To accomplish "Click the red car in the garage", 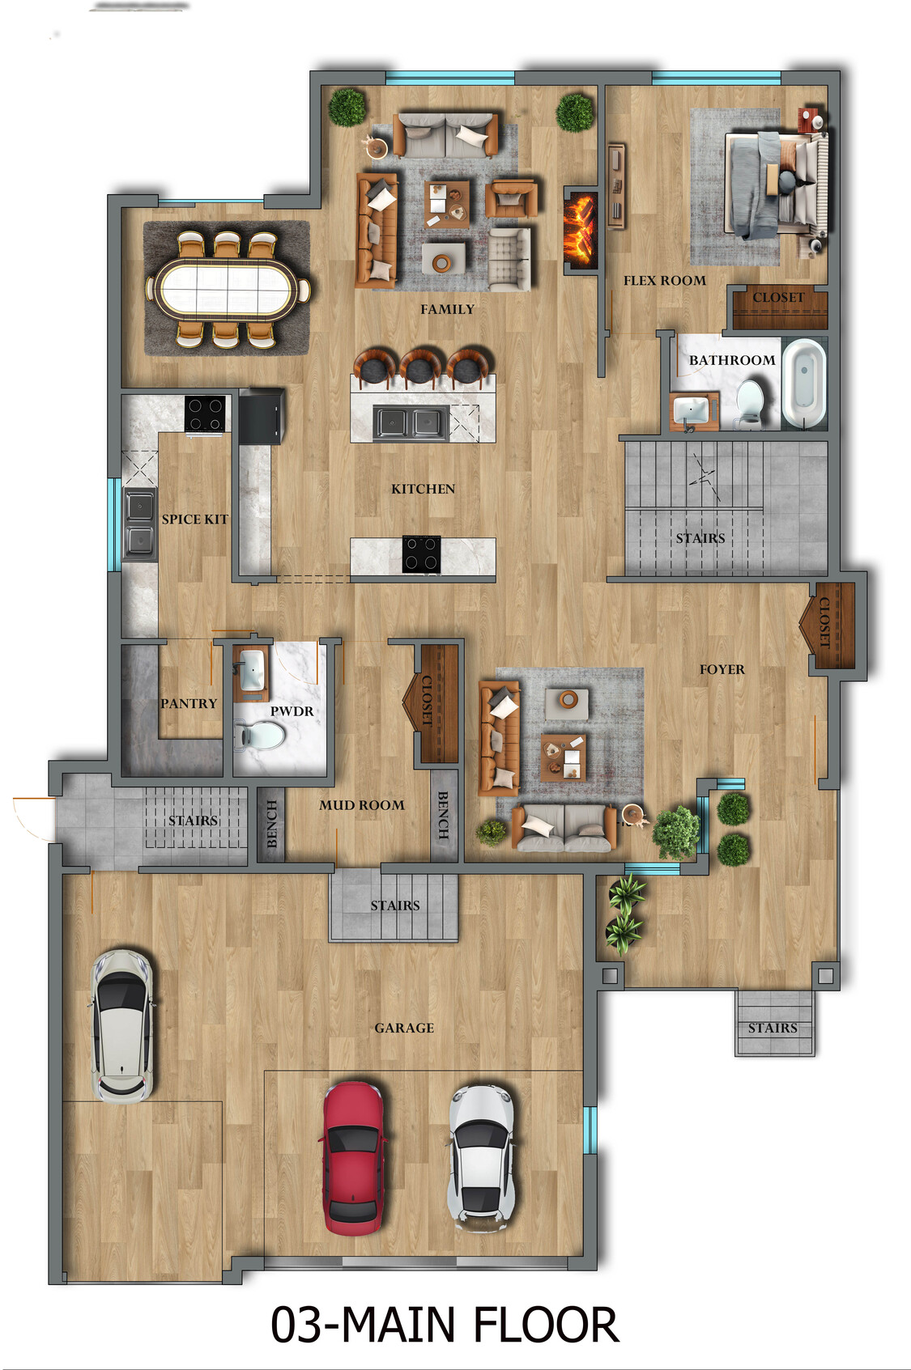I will click(353, 1157).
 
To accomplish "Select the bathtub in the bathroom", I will click(803, 383).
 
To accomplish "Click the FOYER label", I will click(722, 669).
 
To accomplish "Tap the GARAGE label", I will click(404, 1028).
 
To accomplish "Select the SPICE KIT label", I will click(194, 519).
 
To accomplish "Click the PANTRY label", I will click(189, 703).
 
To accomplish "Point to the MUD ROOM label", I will click(361, 805).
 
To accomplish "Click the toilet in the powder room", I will click(261, 736).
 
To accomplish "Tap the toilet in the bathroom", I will click(749, 402).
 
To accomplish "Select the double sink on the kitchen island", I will click(410, 422).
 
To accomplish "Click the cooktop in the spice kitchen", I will click(206, 414).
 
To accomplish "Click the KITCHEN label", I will click(423, 489).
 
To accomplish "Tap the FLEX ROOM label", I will click(664, 281).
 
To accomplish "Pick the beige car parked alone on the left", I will click(121, 1025).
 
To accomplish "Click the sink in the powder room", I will click(252, 669).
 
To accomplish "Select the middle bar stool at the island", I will click(419, 367).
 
